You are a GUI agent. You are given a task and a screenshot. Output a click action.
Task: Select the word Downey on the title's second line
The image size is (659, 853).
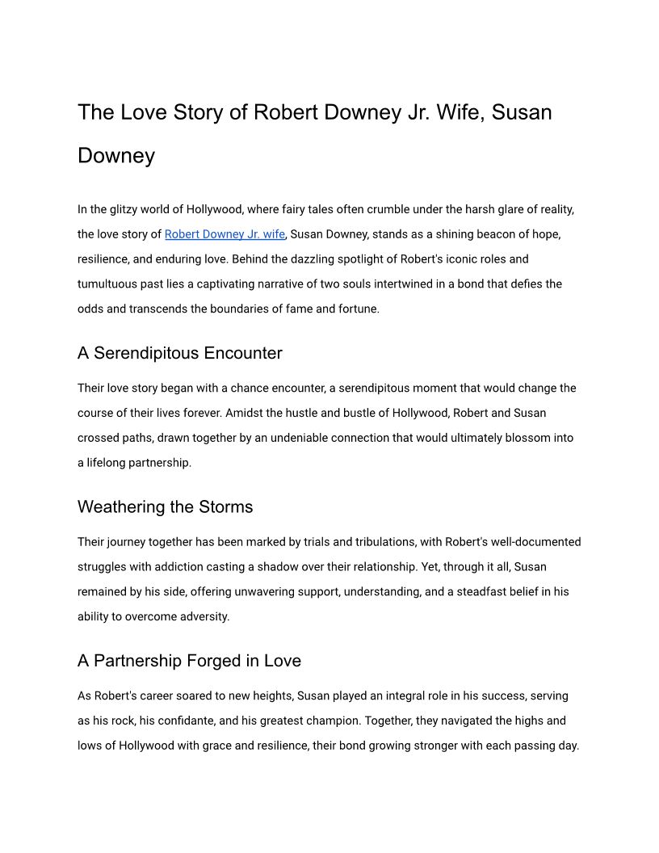(116, 155)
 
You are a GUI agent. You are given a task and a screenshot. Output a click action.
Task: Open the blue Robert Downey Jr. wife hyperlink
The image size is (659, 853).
(225, 234)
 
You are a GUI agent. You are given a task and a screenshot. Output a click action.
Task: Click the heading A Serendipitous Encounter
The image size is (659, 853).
(179, 353)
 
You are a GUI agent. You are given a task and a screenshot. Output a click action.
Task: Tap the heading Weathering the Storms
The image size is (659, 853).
(165, 507)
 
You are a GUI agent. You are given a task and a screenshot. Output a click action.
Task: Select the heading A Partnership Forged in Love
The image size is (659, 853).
(189, 661)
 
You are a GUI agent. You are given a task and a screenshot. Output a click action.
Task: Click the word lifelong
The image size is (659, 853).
(112, 463)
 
